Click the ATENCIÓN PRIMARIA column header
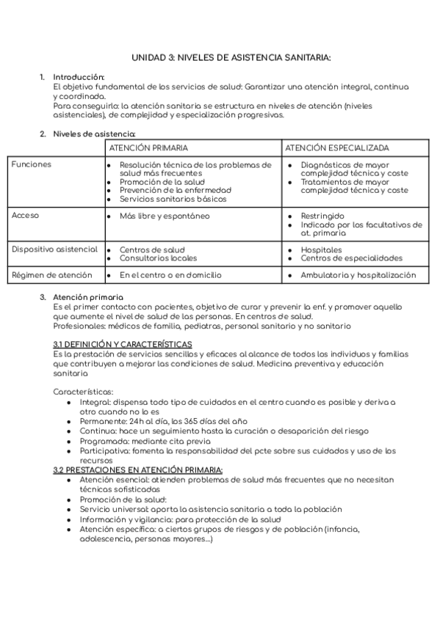[148, 147]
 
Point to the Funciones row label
[32, 165]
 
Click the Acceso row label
[26, 216]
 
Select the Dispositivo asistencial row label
[54, 249]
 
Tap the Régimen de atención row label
[50, 275]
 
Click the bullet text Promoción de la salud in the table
[162, 182]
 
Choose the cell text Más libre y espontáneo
[165, 216]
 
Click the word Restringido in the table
[322, 217]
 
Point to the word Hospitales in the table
[322, 250]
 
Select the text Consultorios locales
[158, 258]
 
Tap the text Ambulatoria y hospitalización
[358, 276]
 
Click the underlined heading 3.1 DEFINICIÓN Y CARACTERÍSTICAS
[123, 343]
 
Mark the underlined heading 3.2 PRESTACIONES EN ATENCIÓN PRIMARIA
[138, 469]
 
